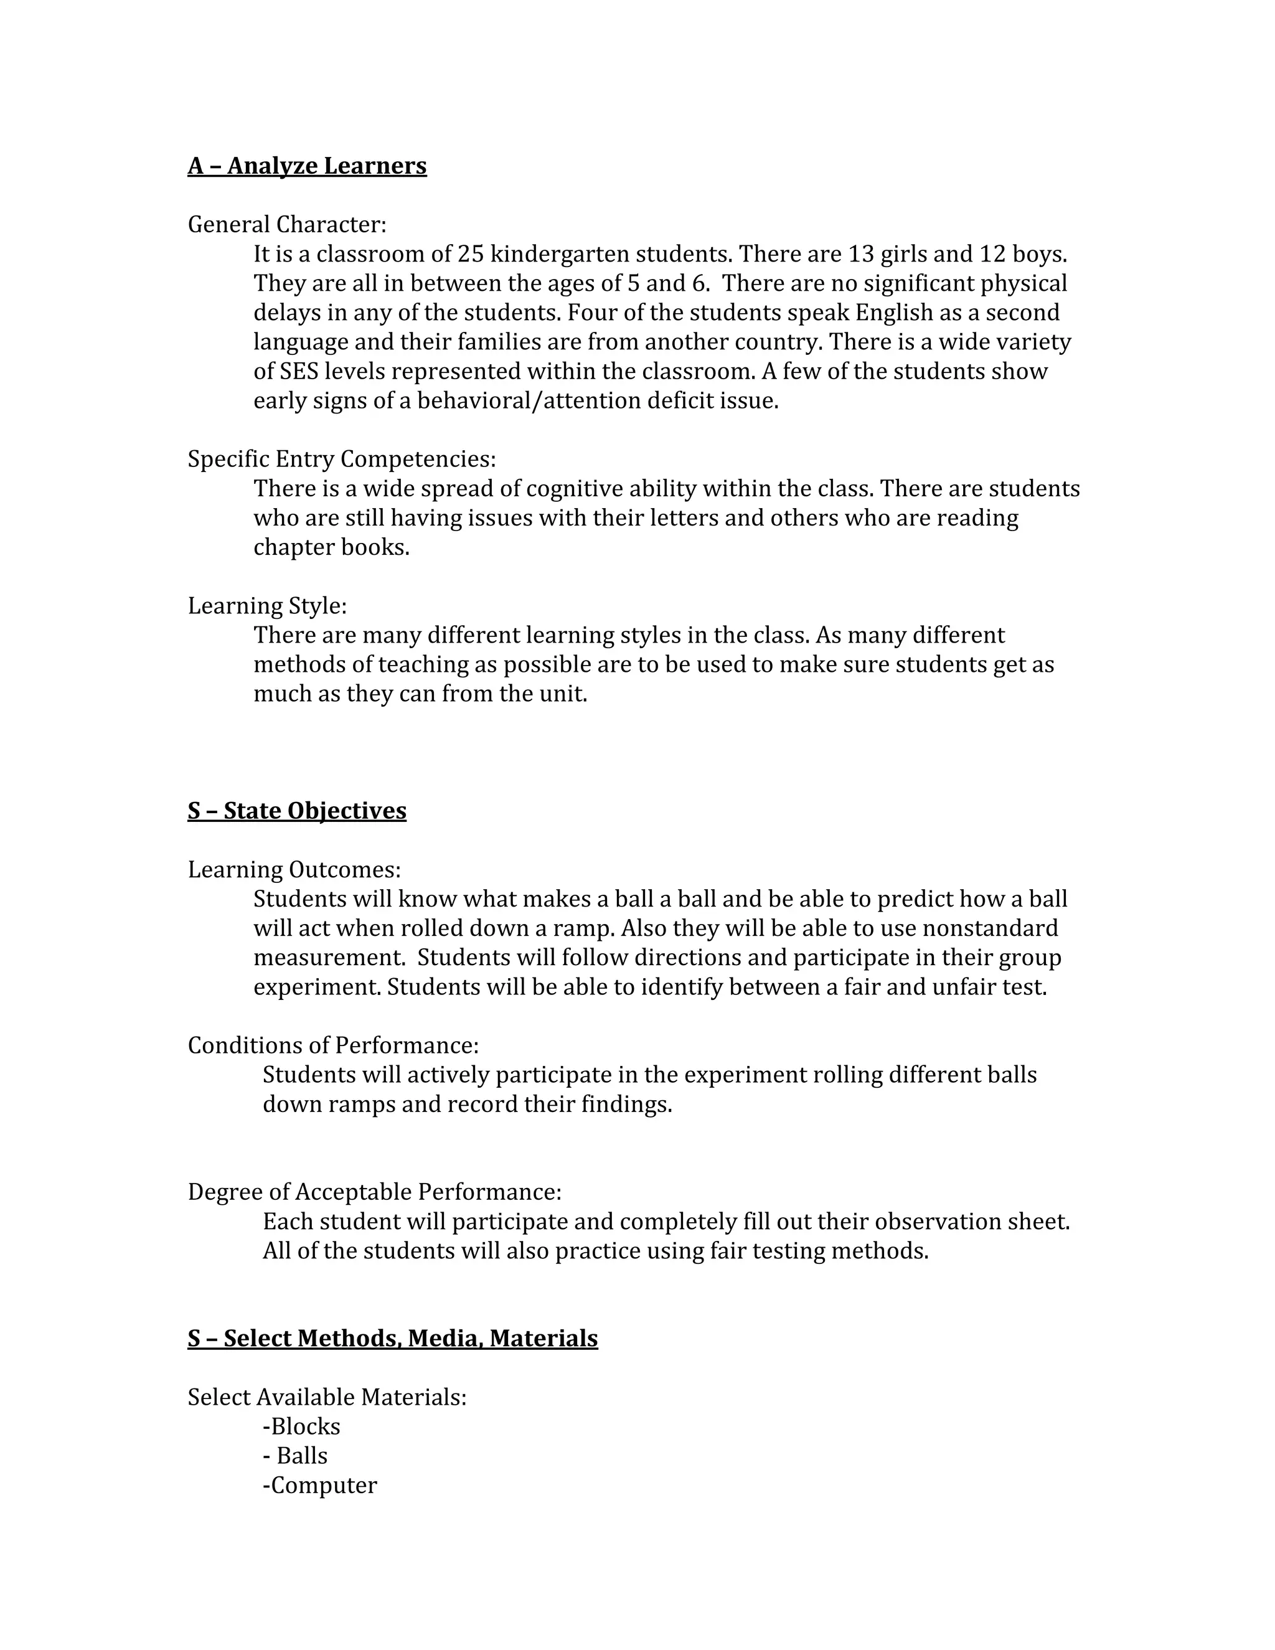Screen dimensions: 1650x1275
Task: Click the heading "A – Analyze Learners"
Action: pos(307,166)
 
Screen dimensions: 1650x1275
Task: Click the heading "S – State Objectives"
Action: pos(297,811)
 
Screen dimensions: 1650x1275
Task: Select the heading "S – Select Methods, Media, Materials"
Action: pos(393,1338)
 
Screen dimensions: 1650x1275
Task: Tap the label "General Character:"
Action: pos(287,224)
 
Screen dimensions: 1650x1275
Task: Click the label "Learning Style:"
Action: pos(267,605)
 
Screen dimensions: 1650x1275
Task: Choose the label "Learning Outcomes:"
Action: pos(294,870)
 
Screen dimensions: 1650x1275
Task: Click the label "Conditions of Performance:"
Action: pos(333,1045)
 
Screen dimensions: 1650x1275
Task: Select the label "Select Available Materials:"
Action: pos(327,1397)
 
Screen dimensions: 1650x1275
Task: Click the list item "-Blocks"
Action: pos(301,1426)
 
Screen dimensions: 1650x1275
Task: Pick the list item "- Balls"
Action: pos(295,1456)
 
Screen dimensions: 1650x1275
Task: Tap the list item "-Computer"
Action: pos(319,1485)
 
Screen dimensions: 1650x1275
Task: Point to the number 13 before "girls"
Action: pos(860,254)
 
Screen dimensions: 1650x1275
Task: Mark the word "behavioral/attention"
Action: pos(529,400)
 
